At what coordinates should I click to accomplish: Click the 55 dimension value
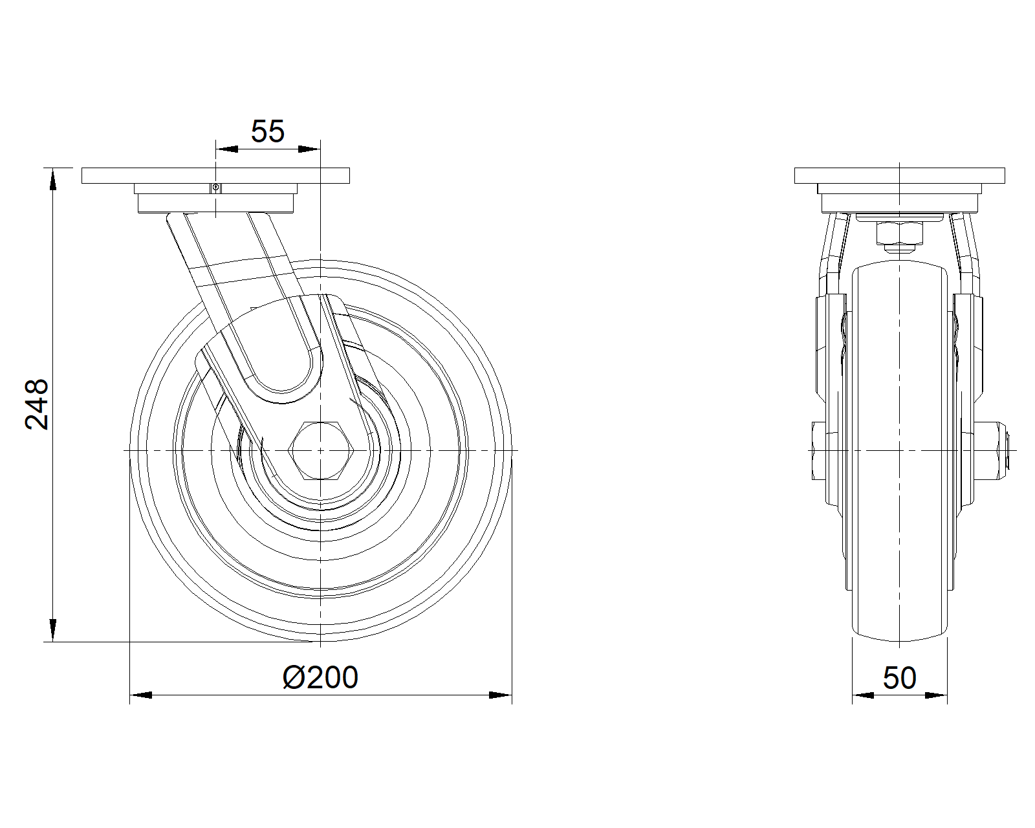pyautogui.click(x=268, y=131)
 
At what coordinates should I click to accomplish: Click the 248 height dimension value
pyautogui.click(x=37, y=404)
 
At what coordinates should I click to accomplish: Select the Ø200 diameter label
pyautogui.click(x=320, y=678)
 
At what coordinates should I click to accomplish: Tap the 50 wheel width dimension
pyautogui.click(x=899, y=679)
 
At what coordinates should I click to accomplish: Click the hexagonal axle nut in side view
pyautogui.click(x=320, y=451)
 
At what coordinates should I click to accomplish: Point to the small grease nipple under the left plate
pyautogui.click(x=215, y=188)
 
